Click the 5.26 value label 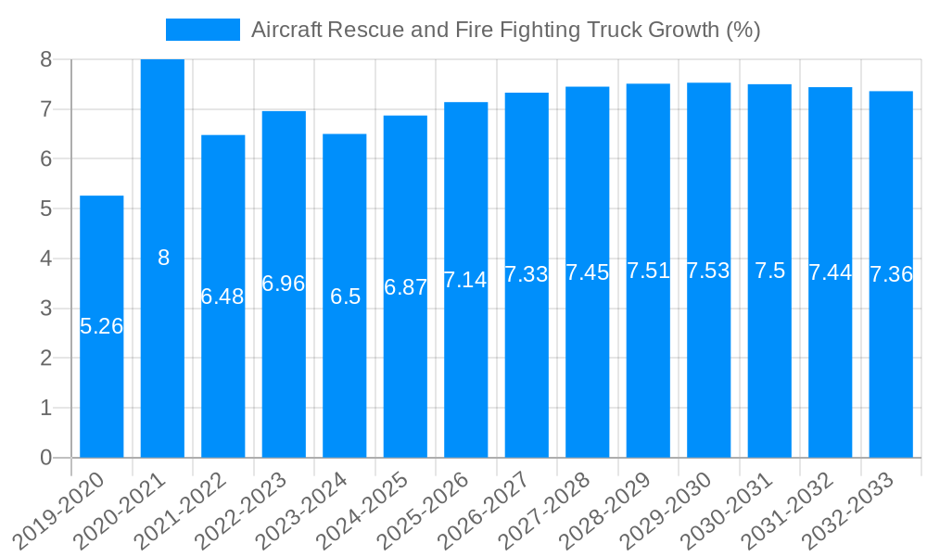point(101,326)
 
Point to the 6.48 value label point(222,297)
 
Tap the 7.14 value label point(465,280)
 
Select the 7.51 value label point(648,271)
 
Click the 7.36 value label point(891,274)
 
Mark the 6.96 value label point(284,284)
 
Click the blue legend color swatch point(202,30)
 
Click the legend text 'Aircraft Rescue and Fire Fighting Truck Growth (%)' point(505,30)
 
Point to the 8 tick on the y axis point(45,59)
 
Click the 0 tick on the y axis point(45,458)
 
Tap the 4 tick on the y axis point(45,259)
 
